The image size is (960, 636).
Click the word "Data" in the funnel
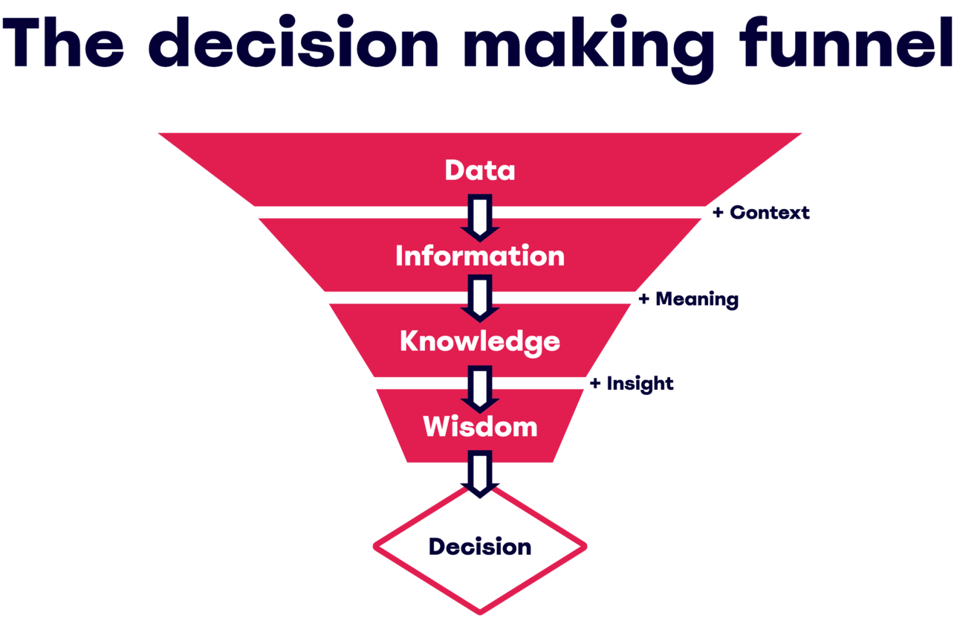coord(480,170)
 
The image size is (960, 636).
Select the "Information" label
coord(480,256)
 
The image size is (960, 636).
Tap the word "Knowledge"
coord(480,341)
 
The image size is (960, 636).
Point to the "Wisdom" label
coord(480,427)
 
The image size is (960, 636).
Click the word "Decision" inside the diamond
coord(480,547)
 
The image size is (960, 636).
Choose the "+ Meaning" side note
coord(688,300)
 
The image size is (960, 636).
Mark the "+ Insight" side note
coord(632,384)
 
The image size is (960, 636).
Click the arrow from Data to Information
coord(480,216)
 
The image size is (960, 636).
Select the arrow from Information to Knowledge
coord(480,298)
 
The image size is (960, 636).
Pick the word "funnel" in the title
coord(848,43)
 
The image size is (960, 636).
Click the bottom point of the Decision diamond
coord(480,611)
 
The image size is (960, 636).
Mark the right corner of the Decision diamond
coord(585,547)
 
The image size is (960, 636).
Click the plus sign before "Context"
coord(718,213)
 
